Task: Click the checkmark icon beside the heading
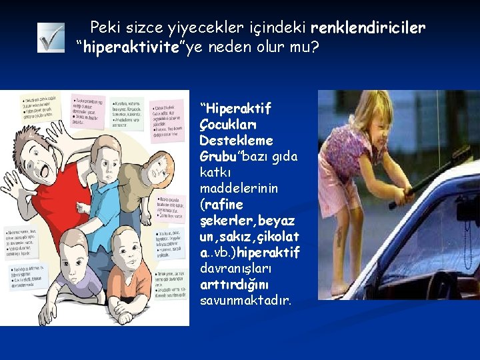[51, 38]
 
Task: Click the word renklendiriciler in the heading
[368, 27]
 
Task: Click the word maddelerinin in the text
[230, 189]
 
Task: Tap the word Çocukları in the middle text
[223, 125]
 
